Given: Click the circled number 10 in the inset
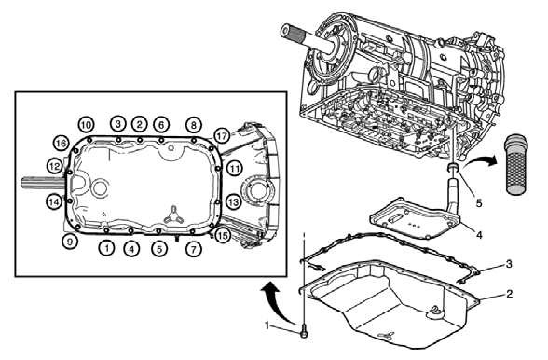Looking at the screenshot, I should click(x=86, y=124).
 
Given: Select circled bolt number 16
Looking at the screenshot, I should click(x=61, y=144).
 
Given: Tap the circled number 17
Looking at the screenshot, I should click(x=222, y=135).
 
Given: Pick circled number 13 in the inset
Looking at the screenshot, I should click(x=233, y=201).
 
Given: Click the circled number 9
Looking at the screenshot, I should click(x=69, y=242).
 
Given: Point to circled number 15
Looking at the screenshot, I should click(x=223, y=236).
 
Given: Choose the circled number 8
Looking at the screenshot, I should click(x=193, y=124).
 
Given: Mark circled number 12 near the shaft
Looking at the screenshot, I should click(x=55, y=166).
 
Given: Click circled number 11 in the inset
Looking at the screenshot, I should click(x=234, y=168).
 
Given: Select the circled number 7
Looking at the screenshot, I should click(x=193, y=249).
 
